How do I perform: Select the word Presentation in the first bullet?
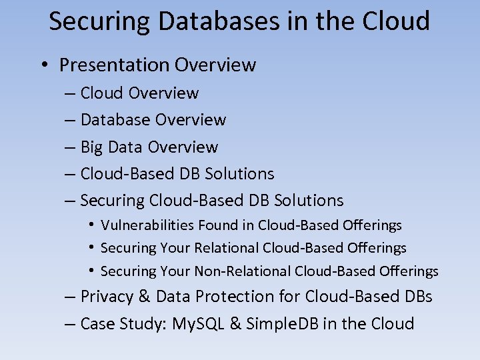pyautogui.click(x=114, y=65)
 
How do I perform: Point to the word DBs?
pyautogui.click(x=419, y=296)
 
